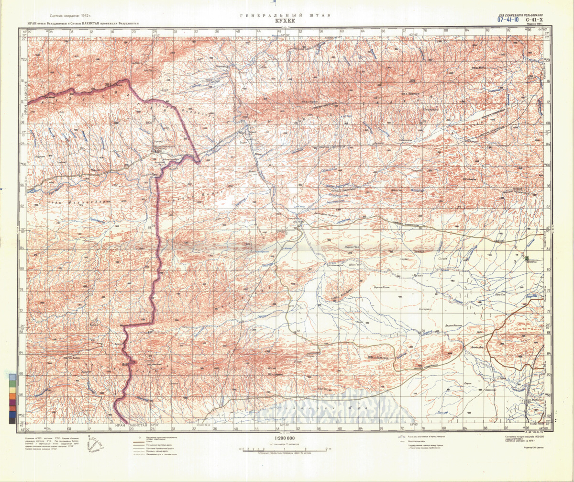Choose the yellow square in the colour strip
point(11,395)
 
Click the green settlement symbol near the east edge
point(527,258)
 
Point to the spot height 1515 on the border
point(125,365)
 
